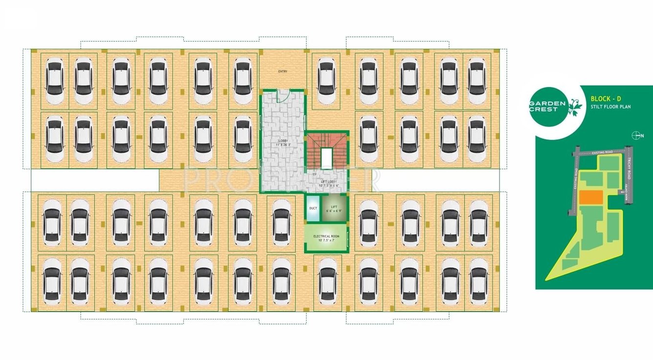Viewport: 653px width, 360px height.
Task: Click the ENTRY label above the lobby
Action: coord(283,71)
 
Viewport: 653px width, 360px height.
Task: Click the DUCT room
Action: coord(313,208)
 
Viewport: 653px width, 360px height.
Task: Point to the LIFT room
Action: coord(334,208)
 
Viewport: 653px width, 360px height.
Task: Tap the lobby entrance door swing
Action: coord(282,95)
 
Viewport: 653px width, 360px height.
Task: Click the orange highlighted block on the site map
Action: coord(590,197)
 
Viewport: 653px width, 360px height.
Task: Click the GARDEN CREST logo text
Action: coord(547,106)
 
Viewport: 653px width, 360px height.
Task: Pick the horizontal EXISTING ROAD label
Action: coord(602,153)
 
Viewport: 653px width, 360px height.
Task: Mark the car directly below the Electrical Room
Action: coord(327,283)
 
